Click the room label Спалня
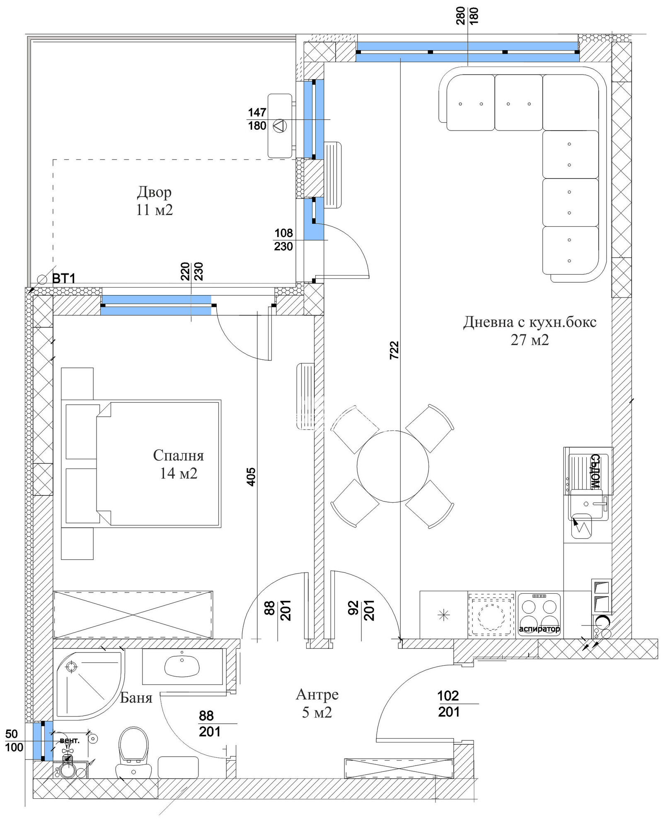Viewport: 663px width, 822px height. click(178, 455)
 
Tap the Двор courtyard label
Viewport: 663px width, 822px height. click(154, 192)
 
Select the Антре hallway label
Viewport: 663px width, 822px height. click(317, 694)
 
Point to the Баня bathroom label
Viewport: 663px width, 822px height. click(136, 698)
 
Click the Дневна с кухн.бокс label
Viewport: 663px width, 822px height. click(530, 322)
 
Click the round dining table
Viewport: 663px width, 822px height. click(393, 467)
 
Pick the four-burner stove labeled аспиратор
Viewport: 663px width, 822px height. click(539, 614)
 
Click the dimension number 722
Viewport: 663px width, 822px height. click(394, 350)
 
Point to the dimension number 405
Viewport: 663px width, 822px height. click(251, 476)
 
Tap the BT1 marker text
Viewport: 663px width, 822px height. click(64, 279)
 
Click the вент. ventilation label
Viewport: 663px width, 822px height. click(70, 740)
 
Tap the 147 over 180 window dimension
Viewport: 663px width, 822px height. click(257, 119)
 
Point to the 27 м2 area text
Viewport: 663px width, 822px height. click(530, 340)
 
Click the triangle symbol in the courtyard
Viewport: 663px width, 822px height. click(280, 126)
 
